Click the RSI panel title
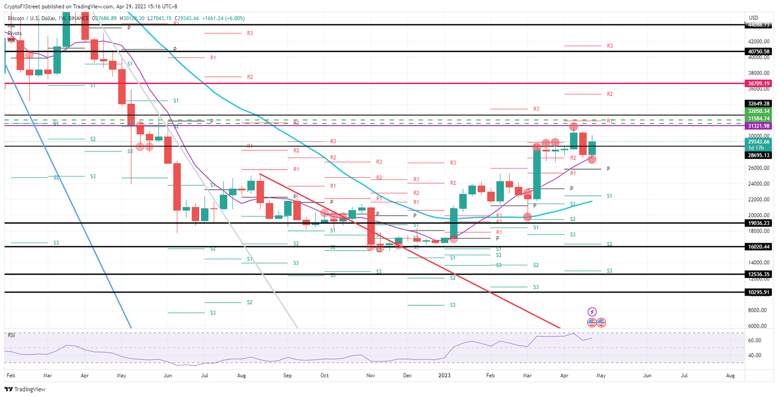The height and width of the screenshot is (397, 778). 11,335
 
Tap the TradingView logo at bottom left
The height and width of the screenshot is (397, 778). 25,389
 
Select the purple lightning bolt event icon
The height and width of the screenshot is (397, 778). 592,312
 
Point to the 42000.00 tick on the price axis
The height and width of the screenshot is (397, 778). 756,42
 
